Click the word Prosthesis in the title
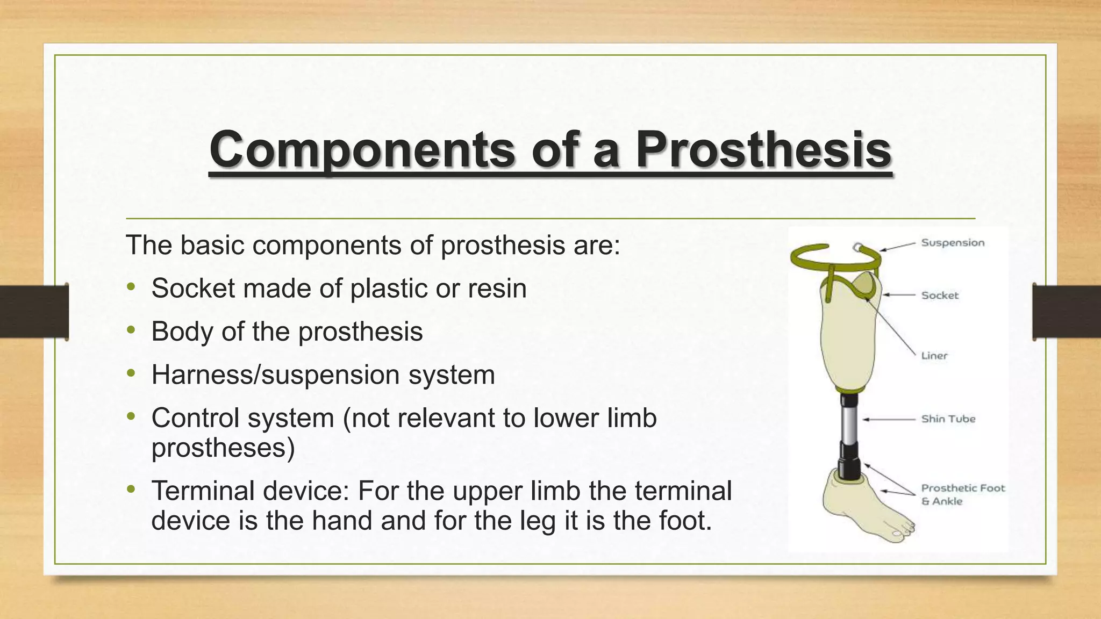coord(763,149)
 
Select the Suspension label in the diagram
coord(953,243)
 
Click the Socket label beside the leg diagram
coord(940,295)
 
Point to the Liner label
coord(934,356)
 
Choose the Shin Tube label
coord(948,419)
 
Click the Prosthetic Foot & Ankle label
coord(962,494)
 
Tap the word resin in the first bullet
coord(497,289)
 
